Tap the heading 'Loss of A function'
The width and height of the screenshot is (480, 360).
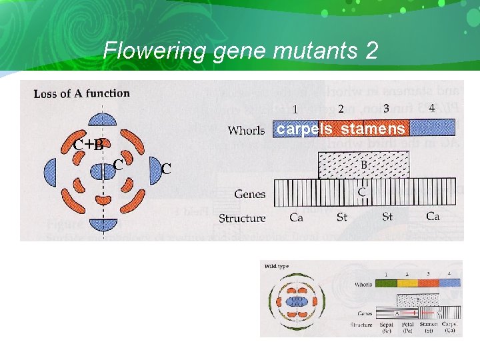click(82, 93)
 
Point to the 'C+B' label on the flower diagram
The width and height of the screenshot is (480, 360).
click(88, 145)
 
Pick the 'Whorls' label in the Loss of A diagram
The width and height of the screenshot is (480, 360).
click(246, 130)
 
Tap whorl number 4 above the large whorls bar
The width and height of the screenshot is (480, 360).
click(432, 108)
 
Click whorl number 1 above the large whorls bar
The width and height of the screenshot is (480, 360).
click(295, 110)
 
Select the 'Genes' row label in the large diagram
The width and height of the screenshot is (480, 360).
click(249, 194)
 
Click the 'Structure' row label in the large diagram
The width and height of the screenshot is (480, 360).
click(242, 218)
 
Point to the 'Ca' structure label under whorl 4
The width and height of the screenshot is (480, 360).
click(433, 217)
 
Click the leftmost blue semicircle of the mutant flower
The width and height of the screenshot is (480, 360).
click(50, 173)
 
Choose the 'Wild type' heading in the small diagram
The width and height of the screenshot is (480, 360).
click(277, 266)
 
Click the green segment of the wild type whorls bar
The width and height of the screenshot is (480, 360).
click(385, 283)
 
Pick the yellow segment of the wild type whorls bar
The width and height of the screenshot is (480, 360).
click(407, 283)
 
